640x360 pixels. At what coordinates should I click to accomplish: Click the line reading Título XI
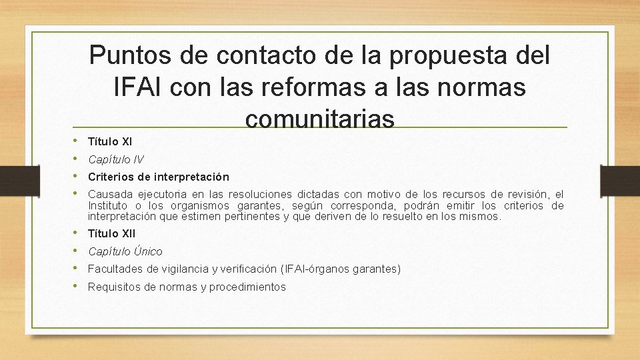(x=110, y=141)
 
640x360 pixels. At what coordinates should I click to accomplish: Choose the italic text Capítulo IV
(x=115, y=159)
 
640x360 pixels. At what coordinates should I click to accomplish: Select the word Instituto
(x=109, y=205)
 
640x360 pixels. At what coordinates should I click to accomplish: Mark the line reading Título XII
(x=111, y=233)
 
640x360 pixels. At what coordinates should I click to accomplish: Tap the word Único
(x=148, y=251)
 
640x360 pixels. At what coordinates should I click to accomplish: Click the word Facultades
(x=115, y=269)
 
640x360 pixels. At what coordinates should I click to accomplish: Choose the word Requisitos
(x=113, y=287)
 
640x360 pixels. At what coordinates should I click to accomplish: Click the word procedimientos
(x=247, y=287)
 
